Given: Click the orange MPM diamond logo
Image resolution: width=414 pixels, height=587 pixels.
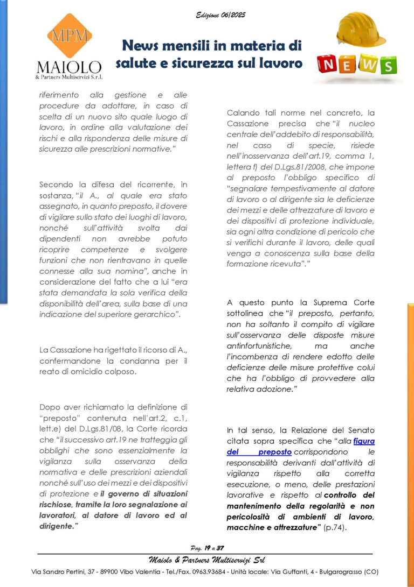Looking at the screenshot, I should coord(68,36).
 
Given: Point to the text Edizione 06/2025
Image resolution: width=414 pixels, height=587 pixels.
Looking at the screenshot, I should coord(220,15).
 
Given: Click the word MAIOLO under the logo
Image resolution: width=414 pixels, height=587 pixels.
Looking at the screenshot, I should coord(69,67).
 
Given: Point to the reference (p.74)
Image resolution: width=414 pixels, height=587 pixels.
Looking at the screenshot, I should coord(335,528).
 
